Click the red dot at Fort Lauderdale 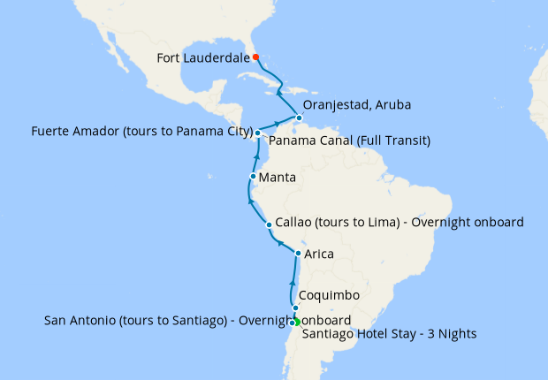pyautogui.click(x=255, y=57)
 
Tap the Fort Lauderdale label pyautogui.click(x=201, y=58)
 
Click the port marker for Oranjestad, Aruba pyautogui.click(x=300, y=118)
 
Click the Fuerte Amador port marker pyautogui.click(x=257, y=133)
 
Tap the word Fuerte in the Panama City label pyautogui.click(x=52, y=133)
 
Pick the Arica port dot pyautogui.click(x=298, y=254)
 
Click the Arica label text pyautogui.click(x=319, y=255)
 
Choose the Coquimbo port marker pyautogui.click(x=295, y=308)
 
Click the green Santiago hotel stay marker pyautogui.click(x=297, y=322)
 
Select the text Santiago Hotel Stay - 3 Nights pyautogui.click(x=389, y=334)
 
